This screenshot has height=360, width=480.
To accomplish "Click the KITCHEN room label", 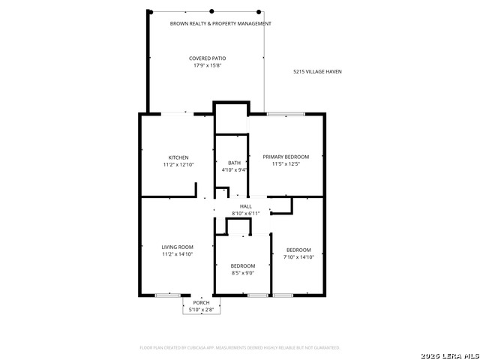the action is coord(178,157).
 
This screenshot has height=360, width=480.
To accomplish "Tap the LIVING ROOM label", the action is coord(178,247).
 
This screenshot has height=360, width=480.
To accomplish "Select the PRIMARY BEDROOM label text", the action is coord(286,157).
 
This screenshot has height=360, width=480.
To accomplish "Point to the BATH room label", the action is coord(234,163).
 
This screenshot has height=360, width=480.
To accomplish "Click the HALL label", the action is coord(246,207).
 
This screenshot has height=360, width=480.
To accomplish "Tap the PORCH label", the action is coord(202,303).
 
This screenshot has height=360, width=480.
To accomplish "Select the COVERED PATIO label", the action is coord(208,58).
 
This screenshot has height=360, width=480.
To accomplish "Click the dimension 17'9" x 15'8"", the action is coord(208,65).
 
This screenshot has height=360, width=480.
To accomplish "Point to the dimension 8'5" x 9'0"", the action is coord(243,273).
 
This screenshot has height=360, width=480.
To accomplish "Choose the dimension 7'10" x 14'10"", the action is coord(298,257).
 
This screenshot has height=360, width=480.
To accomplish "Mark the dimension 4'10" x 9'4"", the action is coord(235,170).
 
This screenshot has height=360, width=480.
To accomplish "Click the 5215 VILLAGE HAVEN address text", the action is coord(317,72).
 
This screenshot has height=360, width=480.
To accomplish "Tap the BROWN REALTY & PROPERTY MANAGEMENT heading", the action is coord(220,23).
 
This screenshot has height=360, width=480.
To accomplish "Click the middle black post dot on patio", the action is coord(211,11).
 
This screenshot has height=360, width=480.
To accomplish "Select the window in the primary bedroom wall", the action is coord(286,114).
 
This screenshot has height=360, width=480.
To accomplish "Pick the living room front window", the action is coord(167,295).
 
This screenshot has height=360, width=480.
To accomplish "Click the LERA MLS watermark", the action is coord(450,356).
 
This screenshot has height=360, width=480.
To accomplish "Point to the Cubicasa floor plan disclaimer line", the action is coord(240,348).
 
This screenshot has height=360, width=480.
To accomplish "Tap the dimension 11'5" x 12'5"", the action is coord(286,163).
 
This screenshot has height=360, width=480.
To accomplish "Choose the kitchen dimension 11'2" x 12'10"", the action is coord(178,165).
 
